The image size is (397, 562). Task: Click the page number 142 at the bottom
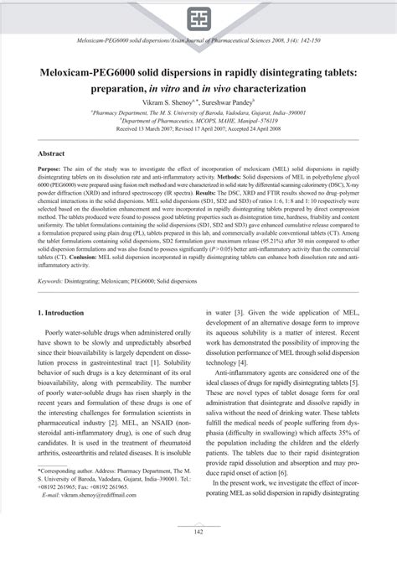198,531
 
